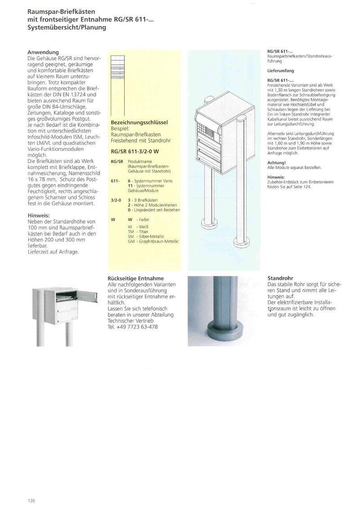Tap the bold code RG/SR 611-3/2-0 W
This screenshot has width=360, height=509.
point(135,152)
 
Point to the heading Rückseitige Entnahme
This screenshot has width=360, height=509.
point(136,279)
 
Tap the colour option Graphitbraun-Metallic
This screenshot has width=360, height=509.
point(157,242)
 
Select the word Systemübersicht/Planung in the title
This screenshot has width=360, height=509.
point(67,27)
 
